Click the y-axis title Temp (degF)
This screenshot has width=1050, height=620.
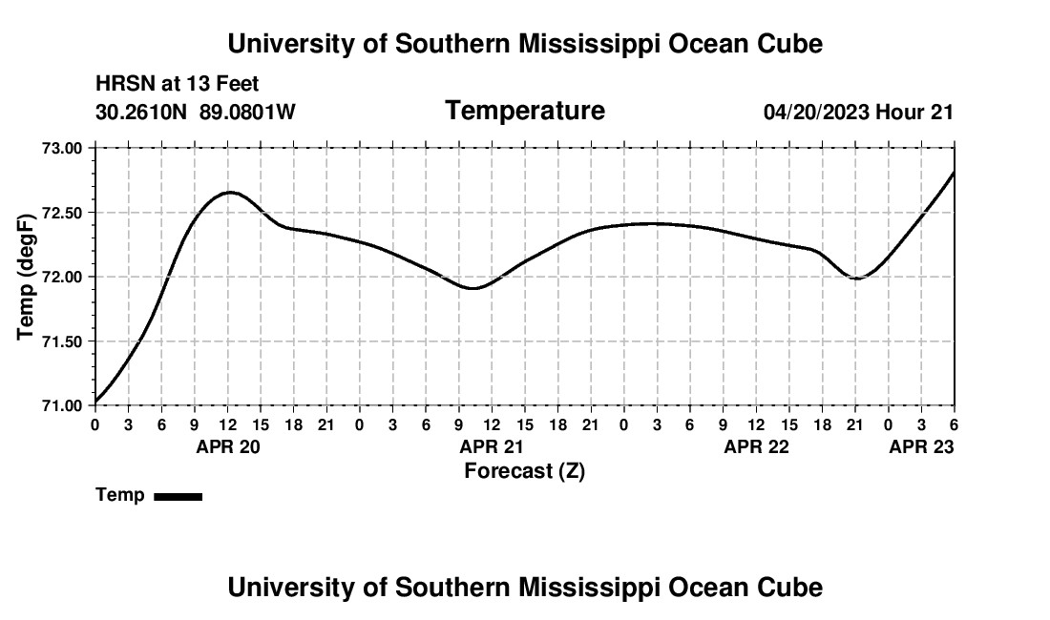(27, 277)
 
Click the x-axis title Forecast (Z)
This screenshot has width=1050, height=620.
(524, 470)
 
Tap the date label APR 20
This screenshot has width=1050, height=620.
(228, 446)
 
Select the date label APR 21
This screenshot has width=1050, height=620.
(492, 446)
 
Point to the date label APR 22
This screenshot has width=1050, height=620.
(756, 446)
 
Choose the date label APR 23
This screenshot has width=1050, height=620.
(921, 446)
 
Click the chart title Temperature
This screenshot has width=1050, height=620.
(525, 111)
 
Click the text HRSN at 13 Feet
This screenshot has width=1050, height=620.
(178, 85)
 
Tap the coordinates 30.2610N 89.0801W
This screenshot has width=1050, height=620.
(196, 113)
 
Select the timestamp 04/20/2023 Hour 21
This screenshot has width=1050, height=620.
(858, 113)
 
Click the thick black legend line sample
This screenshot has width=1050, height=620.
(178, 496)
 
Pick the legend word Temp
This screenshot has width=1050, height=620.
(120, 495)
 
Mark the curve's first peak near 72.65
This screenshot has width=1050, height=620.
(229, 193)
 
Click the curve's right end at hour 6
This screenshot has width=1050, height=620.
(954, 173)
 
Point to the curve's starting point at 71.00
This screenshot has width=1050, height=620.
(95, 402)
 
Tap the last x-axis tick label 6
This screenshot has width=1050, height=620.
(954, 424)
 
